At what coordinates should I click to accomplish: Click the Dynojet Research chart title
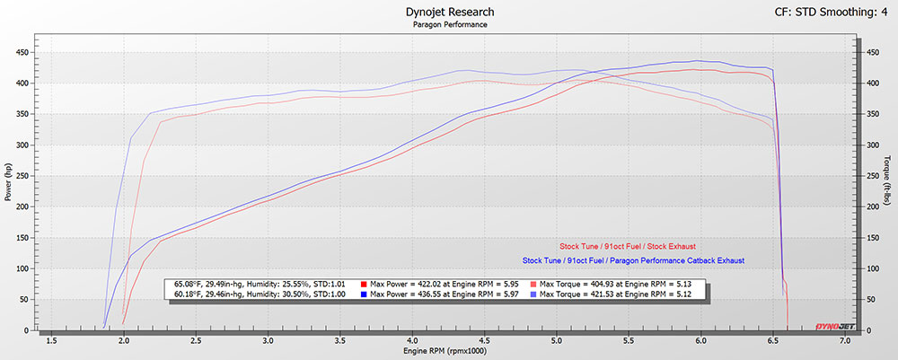point(449,12)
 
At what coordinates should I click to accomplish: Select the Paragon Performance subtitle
point(449,24)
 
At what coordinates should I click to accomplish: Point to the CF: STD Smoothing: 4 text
point(831,12)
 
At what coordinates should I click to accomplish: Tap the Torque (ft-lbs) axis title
point(887,184)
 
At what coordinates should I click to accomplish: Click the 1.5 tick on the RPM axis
point(52,341)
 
